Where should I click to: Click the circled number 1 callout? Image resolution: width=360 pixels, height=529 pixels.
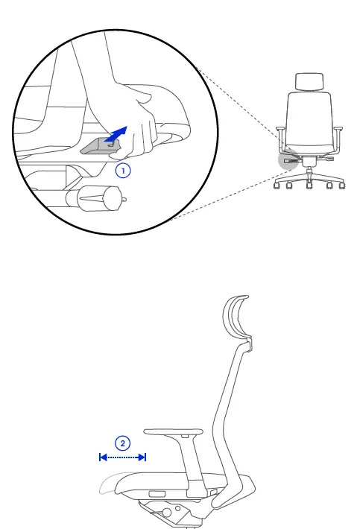point(124,171)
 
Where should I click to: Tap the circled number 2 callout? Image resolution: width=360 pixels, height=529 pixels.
point(122,441)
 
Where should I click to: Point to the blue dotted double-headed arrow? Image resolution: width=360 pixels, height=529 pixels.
point(122,457)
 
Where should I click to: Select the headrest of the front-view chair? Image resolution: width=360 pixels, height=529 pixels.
point(307,83)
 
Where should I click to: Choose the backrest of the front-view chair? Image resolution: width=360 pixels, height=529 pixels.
point(307,119)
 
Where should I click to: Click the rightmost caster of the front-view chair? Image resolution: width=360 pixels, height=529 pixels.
point(343,187)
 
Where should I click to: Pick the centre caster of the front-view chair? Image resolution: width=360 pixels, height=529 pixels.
point(308,187)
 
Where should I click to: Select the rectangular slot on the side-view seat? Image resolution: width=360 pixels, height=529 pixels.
point(157,493)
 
